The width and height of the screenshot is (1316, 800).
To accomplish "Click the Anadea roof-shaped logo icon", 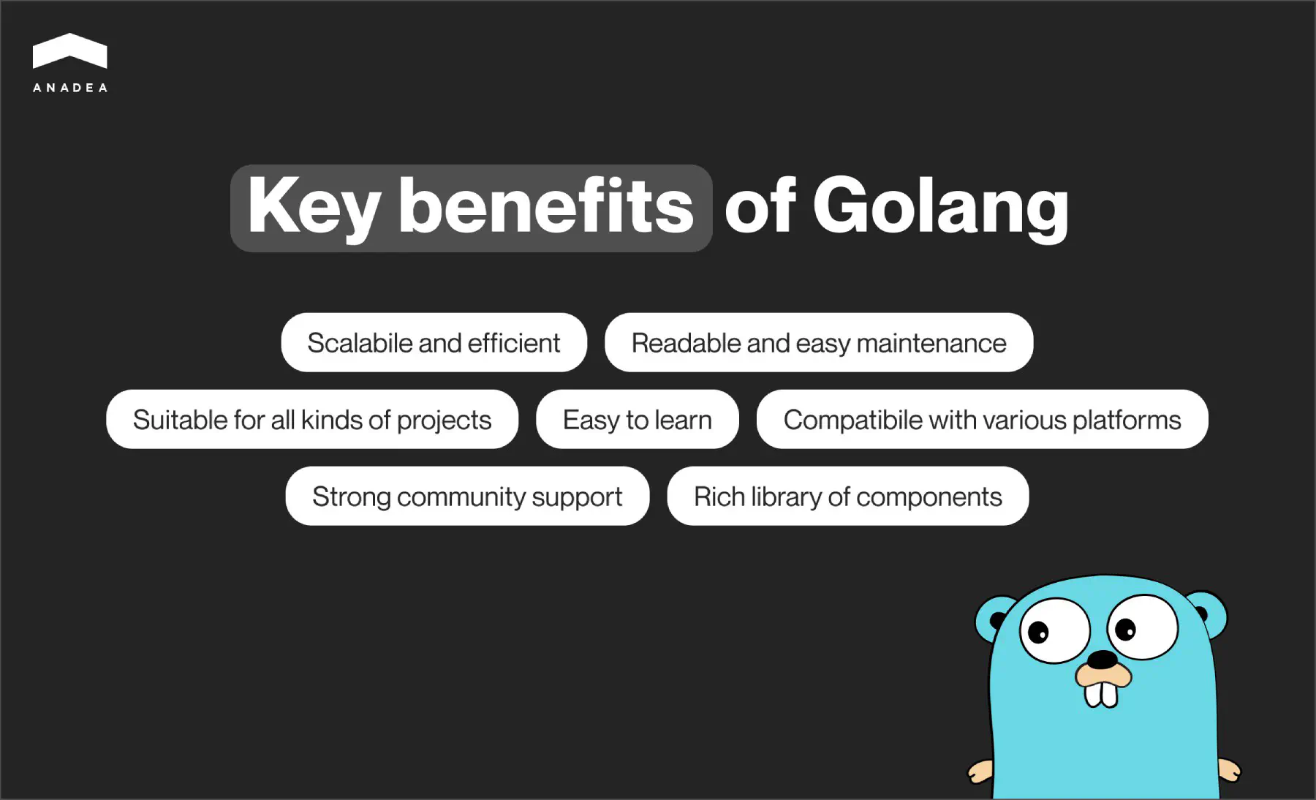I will click(70, 51).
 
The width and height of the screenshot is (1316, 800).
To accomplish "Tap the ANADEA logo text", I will click(70, 88).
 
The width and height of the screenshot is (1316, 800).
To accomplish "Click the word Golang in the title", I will click(940, 208).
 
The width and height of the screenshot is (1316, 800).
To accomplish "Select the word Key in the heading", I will click(314, 208).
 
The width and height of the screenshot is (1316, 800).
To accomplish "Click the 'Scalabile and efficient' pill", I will click(434, 343).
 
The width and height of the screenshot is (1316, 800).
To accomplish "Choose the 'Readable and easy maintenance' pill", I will click(818, 343).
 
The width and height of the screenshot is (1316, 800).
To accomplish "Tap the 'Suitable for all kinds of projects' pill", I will click(312, 420).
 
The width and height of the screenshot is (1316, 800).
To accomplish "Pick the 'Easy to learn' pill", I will click(637, 420).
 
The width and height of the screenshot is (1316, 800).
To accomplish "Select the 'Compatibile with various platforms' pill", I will click(982, 420).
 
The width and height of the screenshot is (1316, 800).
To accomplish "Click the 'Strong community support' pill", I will click(467, 497).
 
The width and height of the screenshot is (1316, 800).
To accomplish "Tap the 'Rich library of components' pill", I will click(847, 497).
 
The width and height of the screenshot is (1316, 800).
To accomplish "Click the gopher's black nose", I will click(1102, 660).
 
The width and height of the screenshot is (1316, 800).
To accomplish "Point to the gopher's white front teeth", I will click(1101, 694).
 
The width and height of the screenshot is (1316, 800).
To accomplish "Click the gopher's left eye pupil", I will click(1038, 632).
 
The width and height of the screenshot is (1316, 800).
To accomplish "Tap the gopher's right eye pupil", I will click(1126, 628).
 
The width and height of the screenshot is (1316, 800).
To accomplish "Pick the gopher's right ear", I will click(1210, 613).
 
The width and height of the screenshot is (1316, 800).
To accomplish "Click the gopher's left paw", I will click(980, 771).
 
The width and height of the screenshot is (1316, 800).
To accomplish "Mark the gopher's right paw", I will click(1229, 769).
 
